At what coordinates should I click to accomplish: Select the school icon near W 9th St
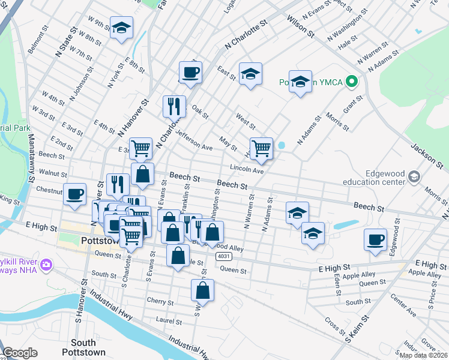(121, 28)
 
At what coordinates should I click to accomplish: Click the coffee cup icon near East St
(191, 71)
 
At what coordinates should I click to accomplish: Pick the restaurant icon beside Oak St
(174, 106)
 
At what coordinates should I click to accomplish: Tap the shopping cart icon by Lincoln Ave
(261, 148)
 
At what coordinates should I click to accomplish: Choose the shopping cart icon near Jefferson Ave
(140, 148)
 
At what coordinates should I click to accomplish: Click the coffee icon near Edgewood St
(376, 239)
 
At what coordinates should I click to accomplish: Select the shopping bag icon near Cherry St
(203, 289)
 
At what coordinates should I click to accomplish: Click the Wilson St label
(303, 26)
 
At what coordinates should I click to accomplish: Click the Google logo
(20, 353)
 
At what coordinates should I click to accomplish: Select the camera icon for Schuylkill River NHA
(46, 265)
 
